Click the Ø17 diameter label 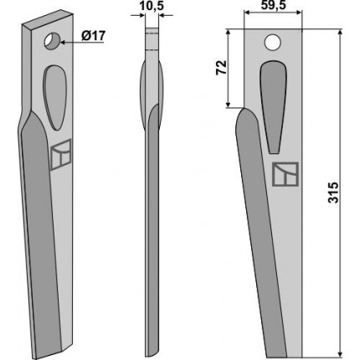coord(94,36)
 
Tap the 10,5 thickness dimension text coord(152,6)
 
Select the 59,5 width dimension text coord(274,5)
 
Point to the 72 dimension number coord(222,67)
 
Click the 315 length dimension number coord(333,193)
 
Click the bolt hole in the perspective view coord(52,42)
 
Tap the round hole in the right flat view coord(273,43)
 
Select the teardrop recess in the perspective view coord(55,97)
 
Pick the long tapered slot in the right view coord(274,106)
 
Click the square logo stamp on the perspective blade coord(60,154)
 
